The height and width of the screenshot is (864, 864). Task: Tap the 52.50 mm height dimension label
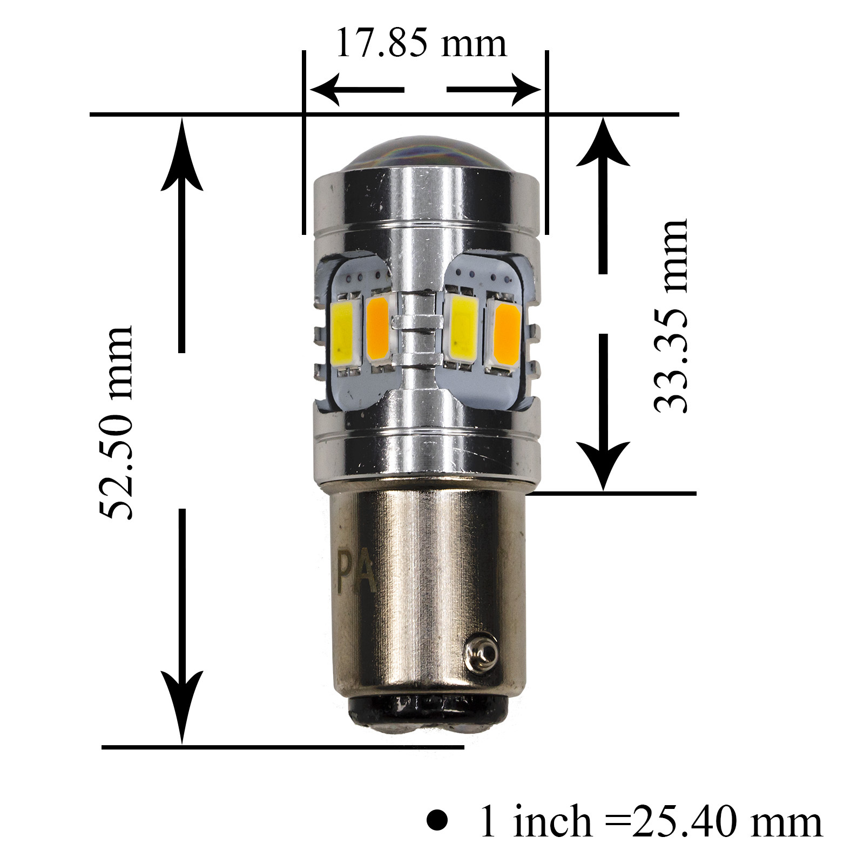117,423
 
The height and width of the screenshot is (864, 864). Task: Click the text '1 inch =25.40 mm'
651,822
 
